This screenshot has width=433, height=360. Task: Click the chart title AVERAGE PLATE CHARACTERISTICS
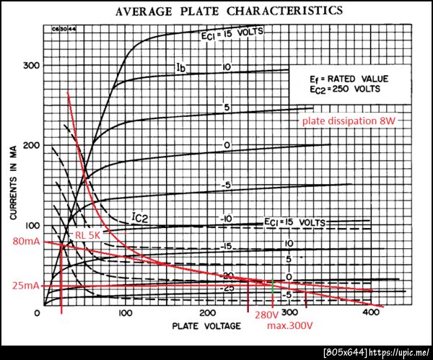[223, 11]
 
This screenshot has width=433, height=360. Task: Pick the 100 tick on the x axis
[125, 315]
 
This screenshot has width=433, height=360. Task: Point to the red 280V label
[266, 315]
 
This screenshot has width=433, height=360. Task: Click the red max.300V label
[289, 326]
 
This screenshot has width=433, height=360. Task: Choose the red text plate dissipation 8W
[349, 120]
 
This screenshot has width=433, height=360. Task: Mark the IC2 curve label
[141, 215]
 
